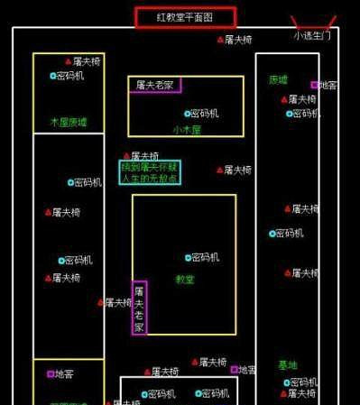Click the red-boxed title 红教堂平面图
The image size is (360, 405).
click(185, 16)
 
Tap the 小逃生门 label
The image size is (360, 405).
click(312, 36)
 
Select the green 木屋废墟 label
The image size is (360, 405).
click(69, 122)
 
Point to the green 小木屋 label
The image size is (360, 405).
click(186, 129)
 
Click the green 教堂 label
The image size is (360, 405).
click(184, 280)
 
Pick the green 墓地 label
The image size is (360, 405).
click(287, 365)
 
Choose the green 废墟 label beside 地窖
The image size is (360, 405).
click(278, 79)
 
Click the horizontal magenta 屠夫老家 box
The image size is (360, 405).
click(154, 85)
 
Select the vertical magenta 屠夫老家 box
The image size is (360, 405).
click(139, 308)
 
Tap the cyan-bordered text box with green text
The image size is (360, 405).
click(151, 172)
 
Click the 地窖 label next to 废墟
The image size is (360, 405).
click(328, 86)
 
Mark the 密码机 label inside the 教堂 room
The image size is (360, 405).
click(203, 258)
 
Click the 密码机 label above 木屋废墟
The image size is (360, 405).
click(70, 76)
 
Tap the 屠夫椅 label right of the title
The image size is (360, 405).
click(238, 40)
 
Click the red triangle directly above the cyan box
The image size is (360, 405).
click(126, 156)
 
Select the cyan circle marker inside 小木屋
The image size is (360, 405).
click(187, 114)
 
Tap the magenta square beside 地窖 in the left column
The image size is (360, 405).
click(50, 373)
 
